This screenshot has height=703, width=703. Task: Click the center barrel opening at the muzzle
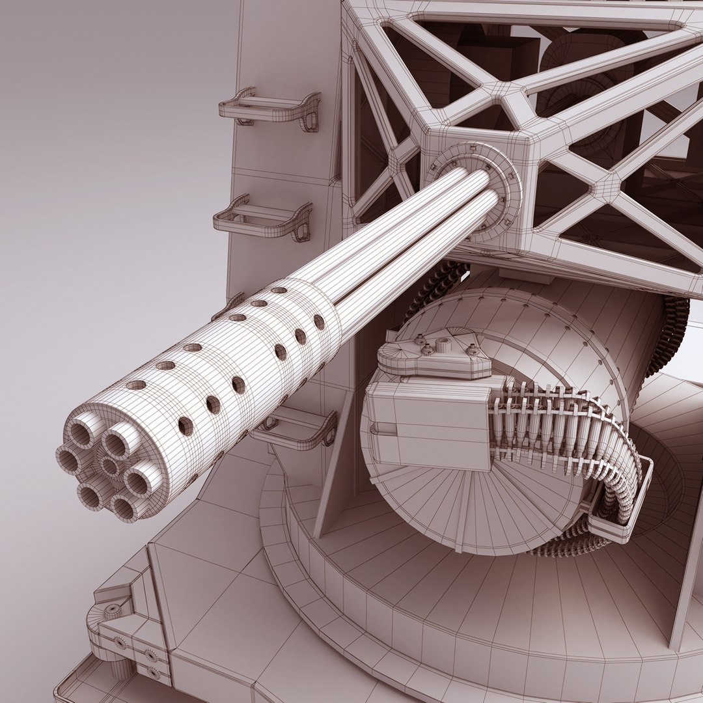click(110, 465)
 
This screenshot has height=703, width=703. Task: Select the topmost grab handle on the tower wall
click(270, 108)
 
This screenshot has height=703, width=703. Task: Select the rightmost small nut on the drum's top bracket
click(473, 351)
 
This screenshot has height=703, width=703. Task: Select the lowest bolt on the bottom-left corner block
click(153, 671)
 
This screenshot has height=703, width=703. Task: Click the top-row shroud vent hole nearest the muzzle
click(137, 385)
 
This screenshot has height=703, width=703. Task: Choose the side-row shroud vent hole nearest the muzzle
click(186, 426)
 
